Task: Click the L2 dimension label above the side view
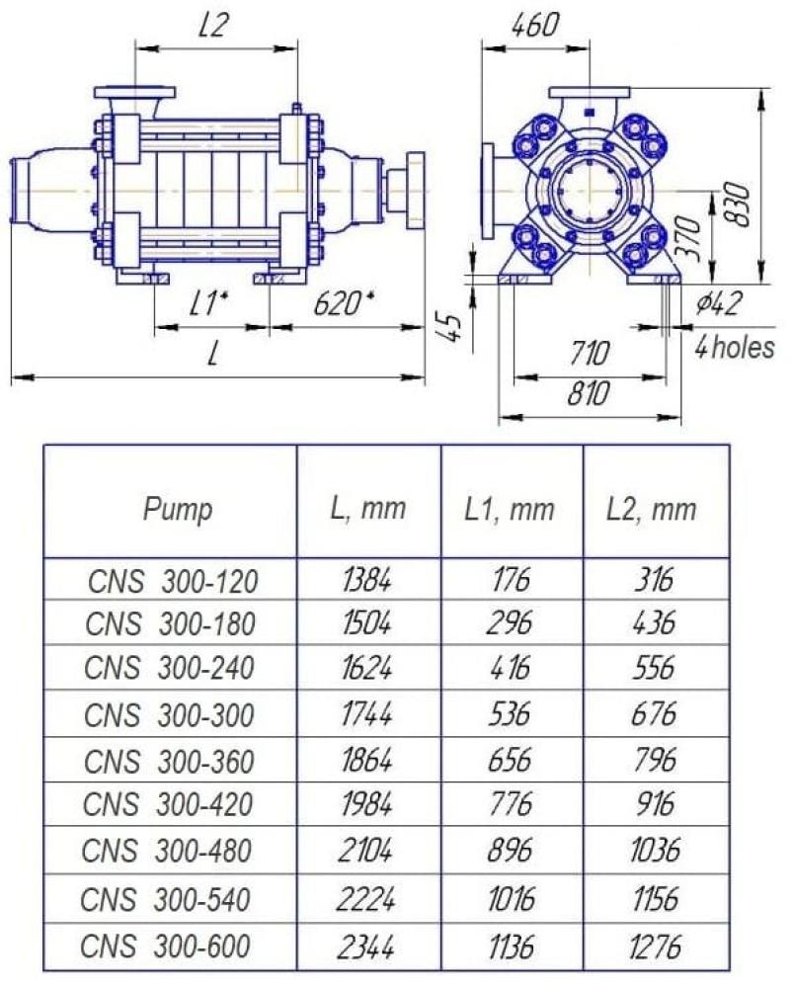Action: pos(214,26)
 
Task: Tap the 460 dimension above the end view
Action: pos(535,26)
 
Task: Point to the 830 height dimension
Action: pos(738,204)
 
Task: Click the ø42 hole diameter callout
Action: pos(720,303)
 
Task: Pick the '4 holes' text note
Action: pos(735,348)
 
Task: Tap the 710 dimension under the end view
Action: pos(590,354)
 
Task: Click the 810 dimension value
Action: pos(589,394)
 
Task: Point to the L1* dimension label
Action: pos(209,304)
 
